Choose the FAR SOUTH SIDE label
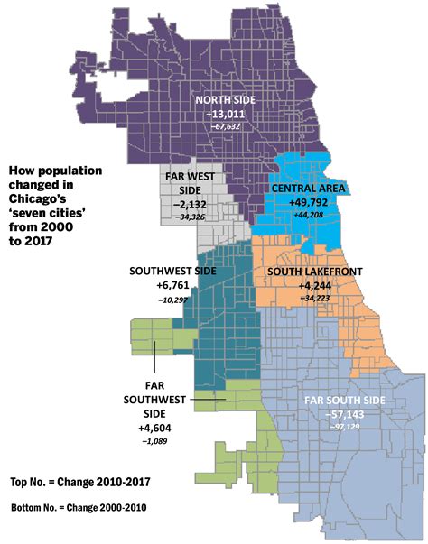(x=346, y=399)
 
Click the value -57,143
(x=346, y=412)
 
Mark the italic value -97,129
(x=346, y=425)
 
